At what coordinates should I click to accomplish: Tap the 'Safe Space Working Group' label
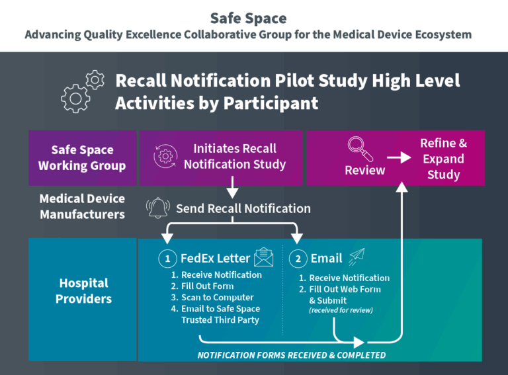[82, 157]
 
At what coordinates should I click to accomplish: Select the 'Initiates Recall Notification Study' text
[235, 156]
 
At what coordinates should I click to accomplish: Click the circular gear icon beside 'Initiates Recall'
[165, 156]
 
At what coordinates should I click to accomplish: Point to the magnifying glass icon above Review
[360, 149]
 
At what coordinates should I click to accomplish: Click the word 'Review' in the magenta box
[364, 171]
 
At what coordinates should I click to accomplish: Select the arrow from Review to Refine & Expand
[400, 158]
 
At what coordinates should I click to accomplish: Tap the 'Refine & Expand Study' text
[443, 159]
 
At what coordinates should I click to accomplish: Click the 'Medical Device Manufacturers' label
[82, 206]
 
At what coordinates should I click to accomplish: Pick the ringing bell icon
[158, 208]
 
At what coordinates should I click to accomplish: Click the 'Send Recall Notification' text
[243, 208]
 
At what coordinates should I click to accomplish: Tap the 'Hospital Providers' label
[82, 291]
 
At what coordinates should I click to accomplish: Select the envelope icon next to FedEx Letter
[263, 257]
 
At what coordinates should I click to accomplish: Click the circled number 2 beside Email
[298, 259]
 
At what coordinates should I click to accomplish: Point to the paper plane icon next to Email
[357, 257]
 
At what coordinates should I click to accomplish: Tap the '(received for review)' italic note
[341, 310]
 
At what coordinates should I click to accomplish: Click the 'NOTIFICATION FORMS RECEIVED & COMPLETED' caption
[292, 355]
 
